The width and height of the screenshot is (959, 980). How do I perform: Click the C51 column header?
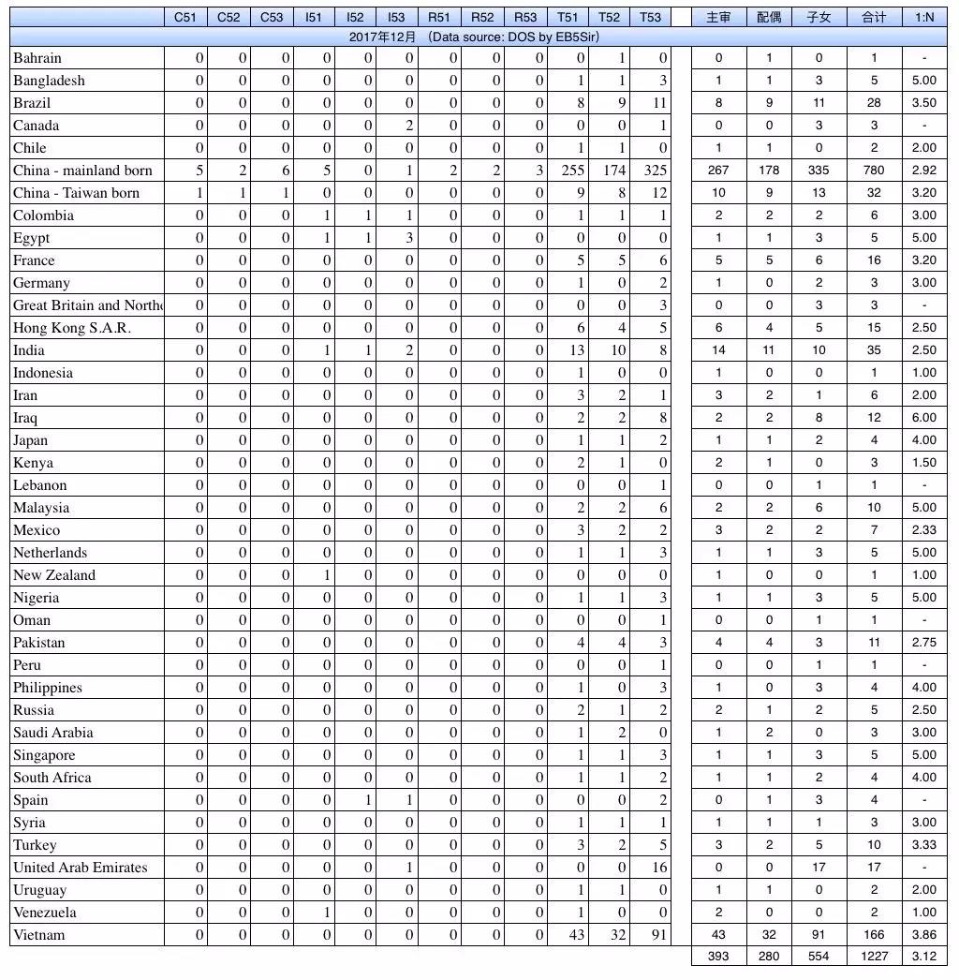(185, 17)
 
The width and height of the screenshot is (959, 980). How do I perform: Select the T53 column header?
(650, 17)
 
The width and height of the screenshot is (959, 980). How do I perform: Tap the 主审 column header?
(718, 17)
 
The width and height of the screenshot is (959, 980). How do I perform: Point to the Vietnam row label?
(39, 935)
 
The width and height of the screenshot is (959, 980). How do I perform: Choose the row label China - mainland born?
(82, 171)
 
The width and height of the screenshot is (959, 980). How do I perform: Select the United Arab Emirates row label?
(81, 868)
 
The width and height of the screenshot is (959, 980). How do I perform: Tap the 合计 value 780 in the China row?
(874, 171)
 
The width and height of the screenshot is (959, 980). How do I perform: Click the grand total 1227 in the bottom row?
(874, 957)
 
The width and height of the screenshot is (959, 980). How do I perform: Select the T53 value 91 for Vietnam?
(659, 935)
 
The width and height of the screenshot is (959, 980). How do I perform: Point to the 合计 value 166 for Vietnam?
(874, 935)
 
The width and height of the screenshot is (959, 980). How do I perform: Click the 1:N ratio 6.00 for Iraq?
(923, 418)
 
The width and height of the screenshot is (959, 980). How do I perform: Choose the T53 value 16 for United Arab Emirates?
(659, 868)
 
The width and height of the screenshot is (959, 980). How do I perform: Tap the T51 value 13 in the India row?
(577, 350)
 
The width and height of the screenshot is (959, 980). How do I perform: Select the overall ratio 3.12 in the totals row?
(923, 957)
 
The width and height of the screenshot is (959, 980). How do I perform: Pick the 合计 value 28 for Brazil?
(874, 103)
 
